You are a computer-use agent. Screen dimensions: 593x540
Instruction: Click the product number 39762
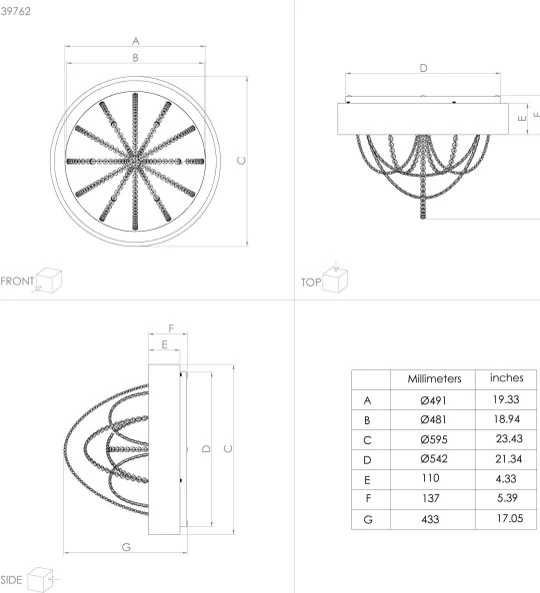(15, 10)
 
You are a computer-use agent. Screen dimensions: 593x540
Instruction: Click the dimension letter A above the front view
(135, 40)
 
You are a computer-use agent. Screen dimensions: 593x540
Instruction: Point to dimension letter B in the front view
(135, 59)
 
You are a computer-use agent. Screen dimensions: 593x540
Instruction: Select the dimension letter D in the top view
(423, 68)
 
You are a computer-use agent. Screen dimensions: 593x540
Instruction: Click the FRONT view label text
(18, 281)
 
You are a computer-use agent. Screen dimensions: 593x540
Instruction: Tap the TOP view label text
(310, 283)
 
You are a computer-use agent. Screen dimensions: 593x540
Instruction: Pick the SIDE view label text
(12, 579)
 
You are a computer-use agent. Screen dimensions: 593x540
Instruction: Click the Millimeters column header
(433, 379)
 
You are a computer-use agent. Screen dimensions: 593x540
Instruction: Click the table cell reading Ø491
(433, 399)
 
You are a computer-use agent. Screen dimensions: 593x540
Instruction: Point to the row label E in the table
(369, 479)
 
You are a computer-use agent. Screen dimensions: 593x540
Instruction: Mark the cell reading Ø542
(433, 459)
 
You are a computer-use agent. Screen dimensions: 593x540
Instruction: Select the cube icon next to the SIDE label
(41, 578)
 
